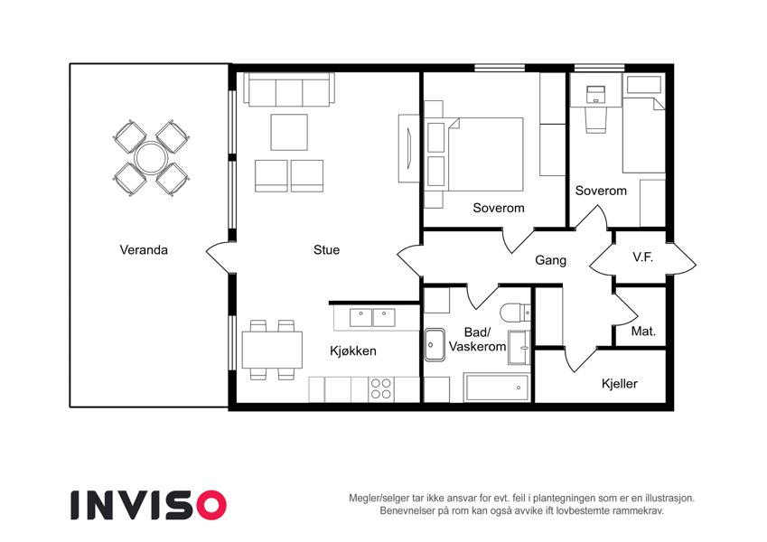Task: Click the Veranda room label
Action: [144, 250]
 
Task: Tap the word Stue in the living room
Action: [326, 250]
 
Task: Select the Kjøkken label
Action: [353, 350]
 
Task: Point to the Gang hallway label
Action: [551, 260]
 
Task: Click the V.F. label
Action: [642, 257]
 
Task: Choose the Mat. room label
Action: [643, 332]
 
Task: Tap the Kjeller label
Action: [620, 384]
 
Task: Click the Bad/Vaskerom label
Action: [477, 340]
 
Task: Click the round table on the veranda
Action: [152, 158]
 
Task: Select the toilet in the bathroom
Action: [516, 312]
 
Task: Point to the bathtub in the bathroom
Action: [497, 388]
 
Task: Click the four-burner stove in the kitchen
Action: [381, 389]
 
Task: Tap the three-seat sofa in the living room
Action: [289, 89]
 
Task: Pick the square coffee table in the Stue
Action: [289, 132]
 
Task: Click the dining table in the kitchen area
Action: [272, 350]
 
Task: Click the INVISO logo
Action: [149, 505]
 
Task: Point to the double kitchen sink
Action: [372, 317]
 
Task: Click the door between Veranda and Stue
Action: [218, 257]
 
